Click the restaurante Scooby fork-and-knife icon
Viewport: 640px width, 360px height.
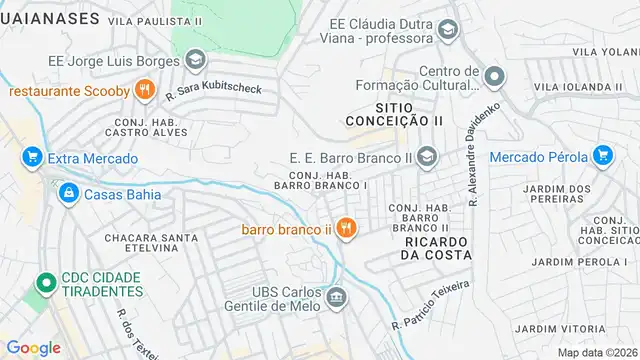[145, 91]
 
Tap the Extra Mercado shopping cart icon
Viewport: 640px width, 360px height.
[31, 157]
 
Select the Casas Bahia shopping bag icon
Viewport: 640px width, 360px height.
[69, 194]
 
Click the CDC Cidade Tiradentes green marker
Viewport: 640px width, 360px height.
[44, 285]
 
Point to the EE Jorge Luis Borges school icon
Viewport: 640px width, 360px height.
[196, 59]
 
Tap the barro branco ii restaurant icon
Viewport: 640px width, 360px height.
[346, 229]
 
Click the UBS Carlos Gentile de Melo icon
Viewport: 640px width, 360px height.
[337, 296]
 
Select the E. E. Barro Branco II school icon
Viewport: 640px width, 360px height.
[428, 156]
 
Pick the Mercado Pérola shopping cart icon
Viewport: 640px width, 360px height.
[602, 156]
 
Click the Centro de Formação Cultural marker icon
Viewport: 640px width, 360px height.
[493, 77]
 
